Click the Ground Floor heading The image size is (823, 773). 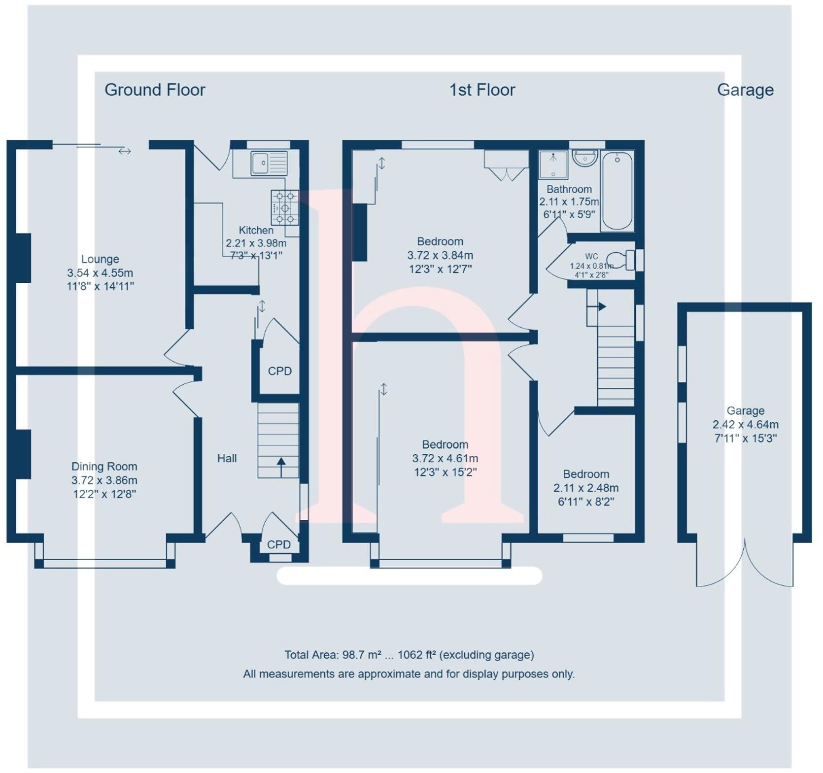click(155, 90)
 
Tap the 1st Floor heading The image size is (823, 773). click(482, 90)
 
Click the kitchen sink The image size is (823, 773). click(269, 163)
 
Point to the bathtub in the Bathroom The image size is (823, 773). click(617, 191)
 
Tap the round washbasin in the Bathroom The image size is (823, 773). click(585, 158)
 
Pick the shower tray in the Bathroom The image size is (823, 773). click(553, 165)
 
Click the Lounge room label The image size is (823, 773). click(100, 259)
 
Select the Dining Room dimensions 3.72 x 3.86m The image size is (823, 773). click(104, 480)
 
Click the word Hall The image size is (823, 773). click(227, 459)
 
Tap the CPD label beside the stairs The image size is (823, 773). click(279, 371)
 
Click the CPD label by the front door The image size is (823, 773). click(279, 544)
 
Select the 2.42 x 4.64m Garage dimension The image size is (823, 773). click(745, 425)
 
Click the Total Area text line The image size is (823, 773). click(409, 655)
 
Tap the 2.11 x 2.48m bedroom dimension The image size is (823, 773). click(586, 488)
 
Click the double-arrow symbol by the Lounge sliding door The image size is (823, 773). click(125, 151)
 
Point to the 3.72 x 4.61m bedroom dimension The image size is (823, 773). click(445, 459)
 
